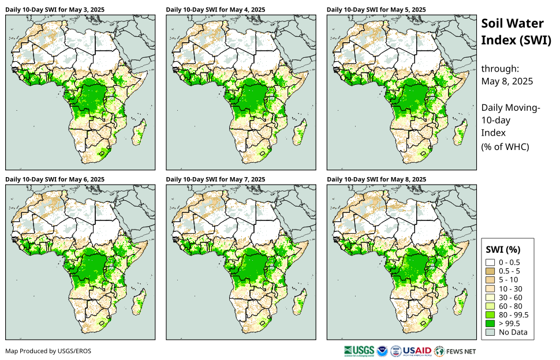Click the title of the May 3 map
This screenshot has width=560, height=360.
tap(55, 10)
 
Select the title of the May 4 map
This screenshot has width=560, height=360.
tap(215, 10)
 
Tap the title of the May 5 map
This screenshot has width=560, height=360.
tap(376, 10)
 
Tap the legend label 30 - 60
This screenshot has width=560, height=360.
tap(510, 297)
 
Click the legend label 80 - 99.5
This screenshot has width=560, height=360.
tap(514, 314)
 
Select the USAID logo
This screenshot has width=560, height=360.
tap(416, 351)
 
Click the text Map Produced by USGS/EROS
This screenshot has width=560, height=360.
tap(48, 351)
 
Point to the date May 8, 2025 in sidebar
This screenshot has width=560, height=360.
tap(507, 81)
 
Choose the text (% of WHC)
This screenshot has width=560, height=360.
tap(505, 147)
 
